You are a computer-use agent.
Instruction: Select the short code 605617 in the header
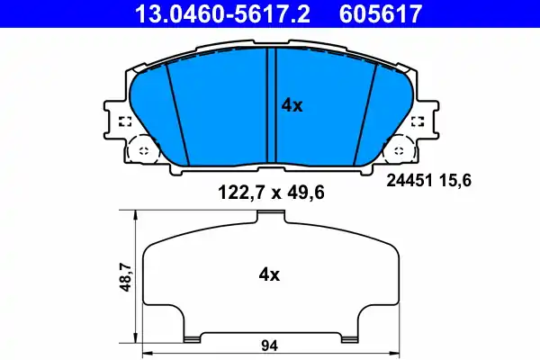(380, 13)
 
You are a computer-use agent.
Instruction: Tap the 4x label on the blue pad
(292, 105)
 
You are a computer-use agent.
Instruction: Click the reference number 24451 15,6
(428, 180)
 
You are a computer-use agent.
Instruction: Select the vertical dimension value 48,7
(126, 276)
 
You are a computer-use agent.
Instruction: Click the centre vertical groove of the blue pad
(272, 108)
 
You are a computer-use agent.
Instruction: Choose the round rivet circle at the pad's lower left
(140, 149)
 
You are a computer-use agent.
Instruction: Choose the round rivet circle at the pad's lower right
(400, 149)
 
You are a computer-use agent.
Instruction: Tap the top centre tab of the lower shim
(271, 215)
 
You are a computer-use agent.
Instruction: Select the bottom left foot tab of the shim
(192, 338)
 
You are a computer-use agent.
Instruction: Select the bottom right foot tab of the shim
(349, 338)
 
